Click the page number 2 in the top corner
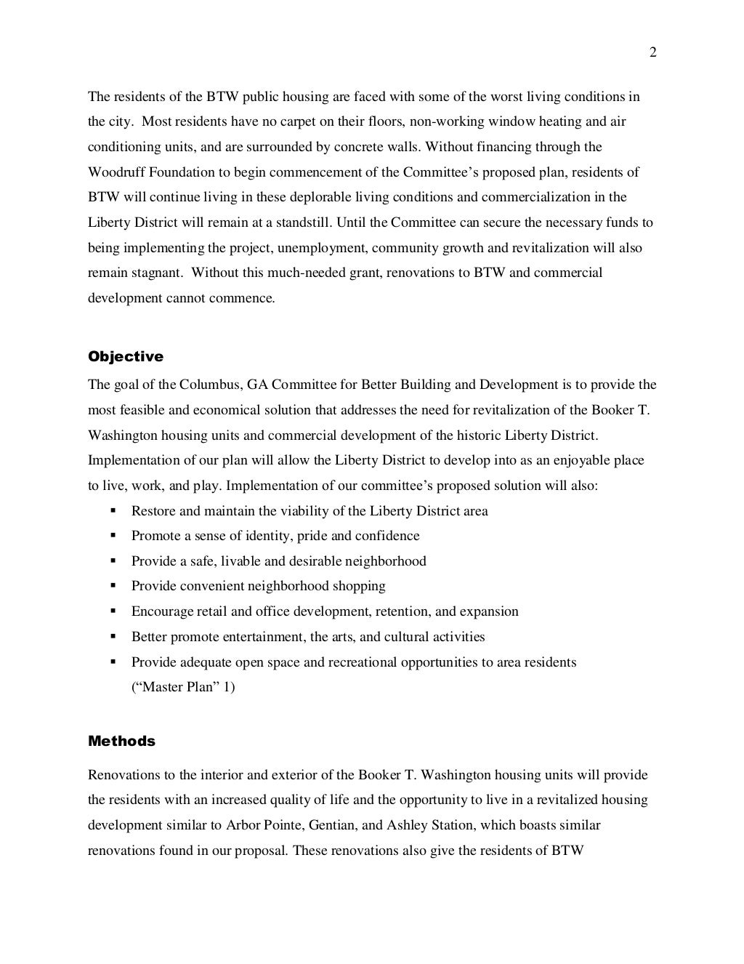point(652,52)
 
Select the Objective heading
point(126,356)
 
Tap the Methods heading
point(121,741)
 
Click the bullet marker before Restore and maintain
point(113,510)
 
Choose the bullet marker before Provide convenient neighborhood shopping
point(113,586)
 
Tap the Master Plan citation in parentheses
point(183,687)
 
